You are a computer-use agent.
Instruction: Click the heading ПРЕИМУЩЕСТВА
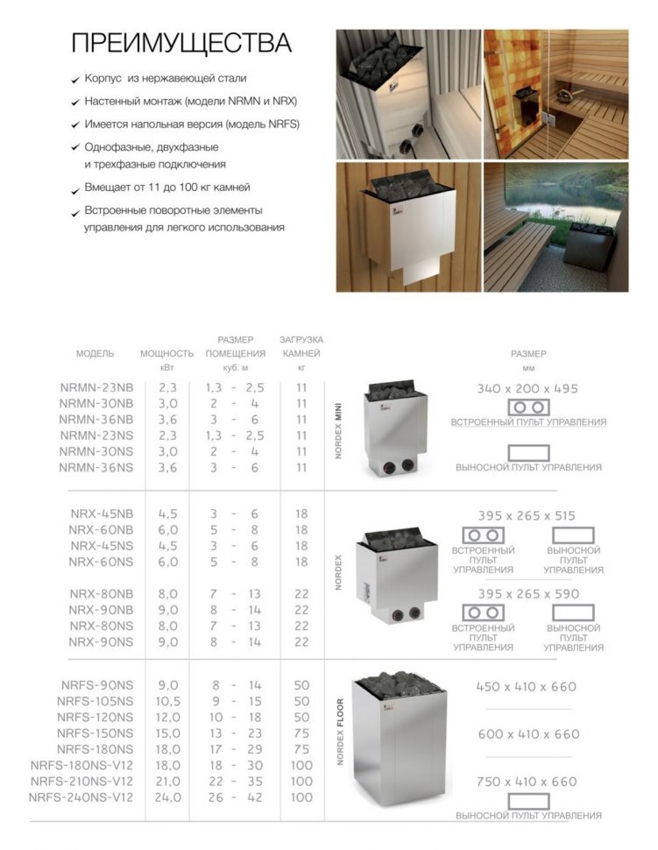tap(180, 44)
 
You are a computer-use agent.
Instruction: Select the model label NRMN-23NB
tap(96, 386)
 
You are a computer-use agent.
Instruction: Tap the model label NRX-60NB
tap(102, 529)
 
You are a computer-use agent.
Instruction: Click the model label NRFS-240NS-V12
tap(81, 797)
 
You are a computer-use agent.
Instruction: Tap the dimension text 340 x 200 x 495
tap(528, 388)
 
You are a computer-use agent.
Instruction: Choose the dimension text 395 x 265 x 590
tap(528, 593)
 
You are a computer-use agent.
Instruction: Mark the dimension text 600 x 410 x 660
tap(528, 734)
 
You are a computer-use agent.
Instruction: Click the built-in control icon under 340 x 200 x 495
tap(528, 407)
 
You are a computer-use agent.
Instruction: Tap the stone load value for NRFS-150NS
tap(301, 733)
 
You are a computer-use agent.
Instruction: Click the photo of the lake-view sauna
tap(555, 227)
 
